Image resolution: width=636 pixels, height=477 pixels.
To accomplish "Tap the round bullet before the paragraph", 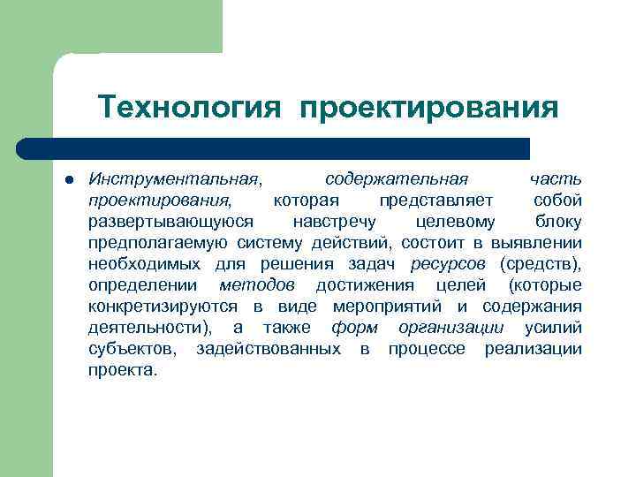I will coord(68,180).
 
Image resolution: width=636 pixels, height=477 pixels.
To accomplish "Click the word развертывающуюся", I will coord(171,221).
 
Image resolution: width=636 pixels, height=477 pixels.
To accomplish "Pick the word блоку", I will coord(558,221).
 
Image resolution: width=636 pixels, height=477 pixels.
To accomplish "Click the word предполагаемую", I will coord(158,242).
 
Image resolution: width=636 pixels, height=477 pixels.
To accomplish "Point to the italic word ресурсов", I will coord(448,263).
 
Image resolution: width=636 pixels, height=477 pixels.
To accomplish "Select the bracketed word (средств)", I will coord(540,263).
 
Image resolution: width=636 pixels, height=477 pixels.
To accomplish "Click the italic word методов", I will coord(257,284).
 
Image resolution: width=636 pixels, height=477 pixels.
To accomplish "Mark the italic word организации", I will coord(450,327).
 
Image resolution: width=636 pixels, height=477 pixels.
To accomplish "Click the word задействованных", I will coord(269,348).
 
